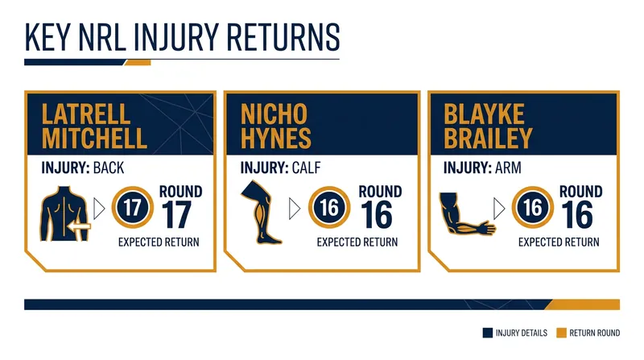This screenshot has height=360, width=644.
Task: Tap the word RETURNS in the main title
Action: click(x=283, y=37)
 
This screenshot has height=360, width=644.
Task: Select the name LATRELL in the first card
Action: click(x=86, y=114)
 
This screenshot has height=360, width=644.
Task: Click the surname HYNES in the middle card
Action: click(x=275, y=138)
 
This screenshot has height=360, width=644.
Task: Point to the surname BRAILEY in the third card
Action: click(x=488, y=138)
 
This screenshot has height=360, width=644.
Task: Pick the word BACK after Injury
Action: click(x=109, y=168)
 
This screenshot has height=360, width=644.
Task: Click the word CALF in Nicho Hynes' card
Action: click(x=306, y=168)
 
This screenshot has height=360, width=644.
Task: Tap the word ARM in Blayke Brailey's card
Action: click(x=508, y=168)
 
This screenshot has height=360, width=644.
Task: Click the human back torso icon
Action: click(x=64, y=213)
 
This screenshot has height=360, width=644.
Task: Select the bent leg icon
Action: click(x=261, y=212)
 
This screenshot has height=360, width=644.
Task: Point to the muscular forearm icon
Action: click(x=466, y=213)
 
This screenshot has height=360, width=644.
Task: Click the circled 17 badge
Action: click(x=132, y=208)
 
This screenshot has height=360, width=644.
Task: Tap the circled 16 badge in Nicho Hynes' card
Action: click(x=329, y=208)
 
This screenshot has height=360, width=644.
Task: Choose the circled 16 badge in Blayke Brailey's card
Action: click(x=533, y=208)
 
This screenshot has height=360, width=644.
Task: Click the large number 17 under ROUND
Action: click(x=176, y=214)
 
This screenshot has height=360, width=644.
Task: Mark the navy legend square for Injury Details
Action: click(x=488, y=333)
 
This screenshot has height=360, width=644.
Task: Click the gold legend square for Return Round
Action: click(x=561, y=333)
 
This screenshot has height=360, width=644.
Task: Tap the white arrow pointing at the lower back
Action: click(x=79, y=226)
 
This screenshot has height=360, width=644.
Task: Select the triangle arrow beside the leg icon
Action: click(x=295, y=209)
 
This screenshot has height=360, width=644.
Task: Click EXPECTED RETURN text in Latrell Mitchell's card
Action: click(x=159, y=242)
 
